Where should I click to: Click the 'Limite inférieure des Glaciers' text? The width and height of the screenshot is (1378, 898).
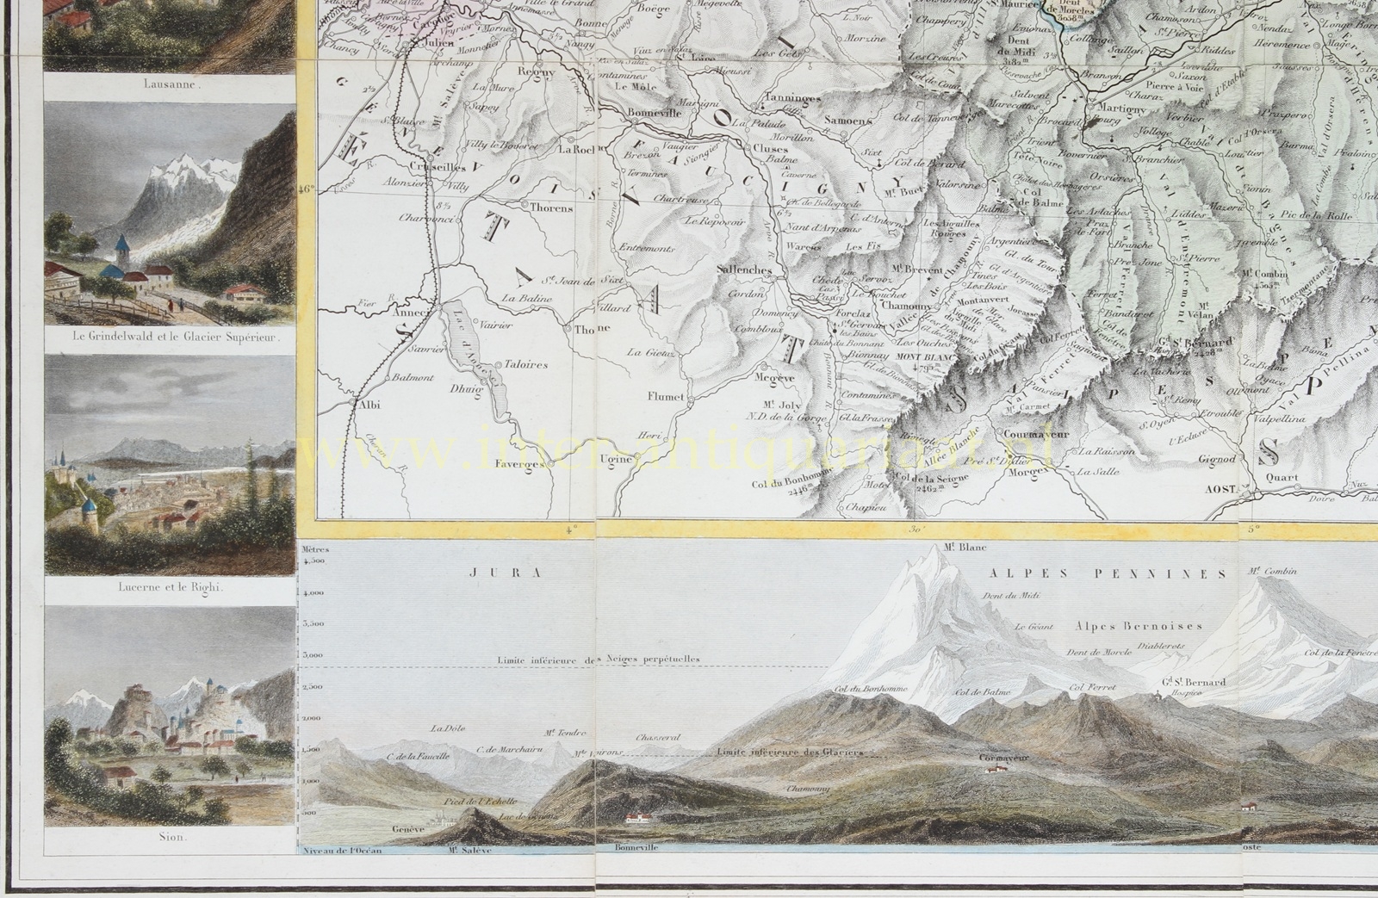pos(789,752)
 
